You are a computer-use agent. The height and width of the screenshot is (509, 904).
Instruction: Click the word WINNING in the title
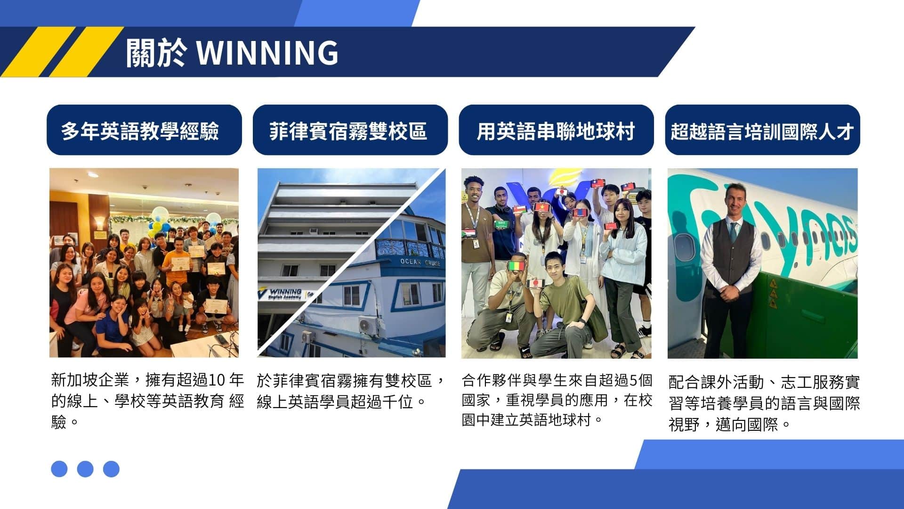point(267,52)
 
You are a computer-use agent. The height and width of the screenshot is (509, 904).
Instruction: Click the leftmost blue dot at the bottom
point(59,468)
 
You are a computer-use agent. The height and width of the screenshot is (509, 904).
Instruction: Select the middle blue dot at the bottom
point(85,468)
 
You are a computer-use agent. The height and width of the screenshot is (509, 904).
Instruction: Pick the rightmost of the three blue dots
point(111,468)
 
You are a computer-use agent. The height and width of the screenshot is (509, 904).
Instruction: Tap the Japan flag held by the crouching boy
point(535,283)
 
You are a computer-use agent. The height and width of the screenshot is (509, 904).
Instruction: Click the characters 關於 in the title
point(156,52)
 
